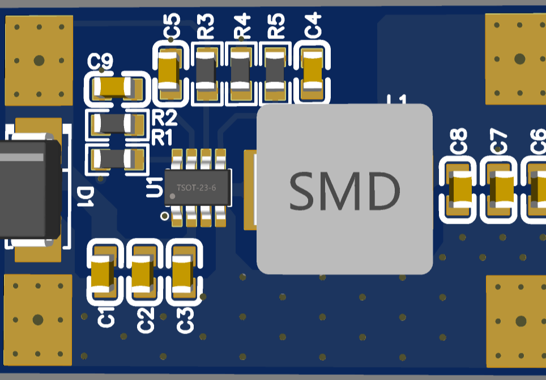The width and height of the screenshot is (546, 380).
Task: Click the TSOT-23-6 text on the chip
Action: (x=196, y=187)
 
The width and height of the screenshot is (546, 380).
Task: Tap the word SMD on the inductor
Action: (x=344, y=191)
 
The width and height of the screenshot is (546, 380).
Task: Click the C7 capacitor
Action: (x=500, y=190)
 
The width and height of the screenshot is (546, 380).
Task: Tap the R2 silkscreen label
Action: (x=164, y=118)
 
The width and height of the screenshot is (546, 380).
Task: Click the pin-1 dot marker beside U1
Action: (x=164, y=216)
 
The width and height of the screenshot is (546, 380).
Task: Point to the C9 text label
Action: (x=101, y=61)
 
